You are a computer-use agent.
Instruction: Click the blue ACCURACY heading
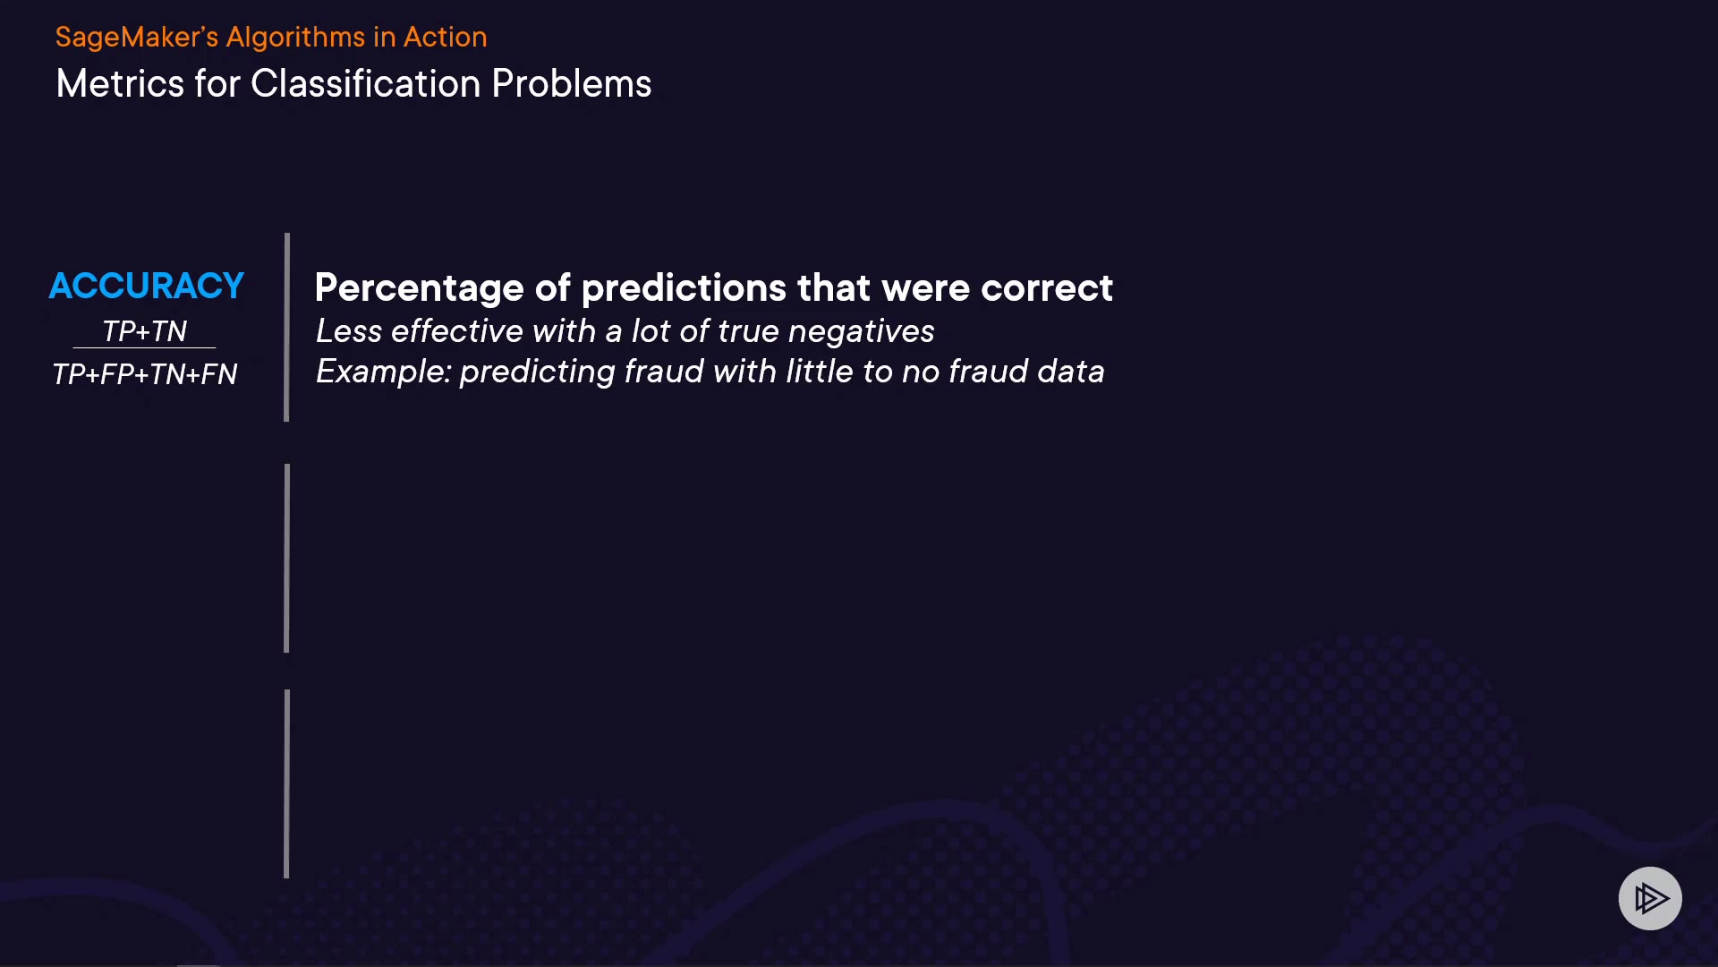[x=146, y=286]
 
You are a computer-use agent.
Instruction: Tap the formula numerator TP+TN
[x=144, y=331]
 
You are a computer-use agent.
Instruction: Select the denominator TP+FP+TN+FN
[x=144, y=373]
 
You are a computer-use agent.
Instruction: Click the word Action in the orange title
[x=446, y=38]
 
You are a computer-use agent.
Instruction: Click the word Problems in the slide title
[x=572, y=84]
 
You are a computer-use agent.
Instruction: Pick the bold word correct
[x=1047, y=288]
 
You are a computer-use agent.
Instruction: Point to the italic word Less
[x=349, y=331]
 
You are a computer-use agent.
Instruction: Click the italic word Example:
[x=384, y=372]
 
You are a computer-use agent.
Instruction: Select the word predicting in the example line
[x=537, y=372]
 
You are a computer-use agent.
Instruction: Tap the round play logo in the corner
[x=1650, y=898]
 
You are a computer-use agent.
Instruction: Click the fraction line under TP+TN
[x=144, y=347]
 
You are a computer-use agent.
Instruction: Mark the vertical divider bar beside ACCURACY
[x=286, y=327]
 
